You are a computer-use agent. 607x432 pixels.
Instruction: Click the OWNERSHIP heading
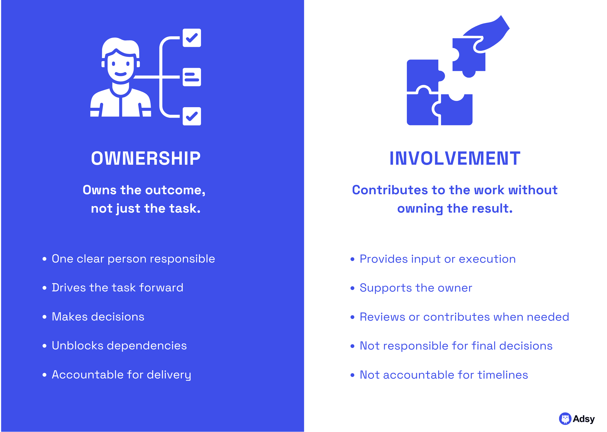[146, 158]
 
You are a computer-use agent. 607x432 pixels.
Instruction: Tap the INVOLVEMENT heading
[455, 158]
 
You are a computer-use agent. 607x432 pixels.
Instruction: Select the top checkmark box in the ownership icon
[192, 38]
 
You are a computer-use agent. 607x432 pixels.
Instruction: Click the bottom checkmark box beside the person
[192, 116]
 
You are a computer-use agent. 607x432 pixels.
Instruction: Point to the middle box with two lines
[192, 77]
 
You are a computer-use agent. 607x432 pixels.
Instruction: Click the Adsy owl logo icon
[565, 419]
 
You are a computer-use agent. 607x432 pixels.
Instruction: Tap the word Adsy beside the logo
[584, 419]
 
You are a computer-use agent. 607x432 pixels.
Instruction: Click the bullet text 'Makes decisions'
[98, 317]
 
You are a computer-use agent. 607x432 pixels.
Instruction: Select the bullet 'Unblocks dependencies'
[119, 346]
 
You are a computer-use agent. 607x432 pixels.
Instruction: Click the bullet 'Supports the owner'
[416, 288]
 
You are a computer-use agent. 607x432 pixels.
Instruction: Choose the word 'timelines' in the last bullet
[503, 375]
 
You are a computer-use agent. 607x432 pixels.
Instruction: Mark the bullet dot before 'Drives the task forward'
[44, 288]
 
